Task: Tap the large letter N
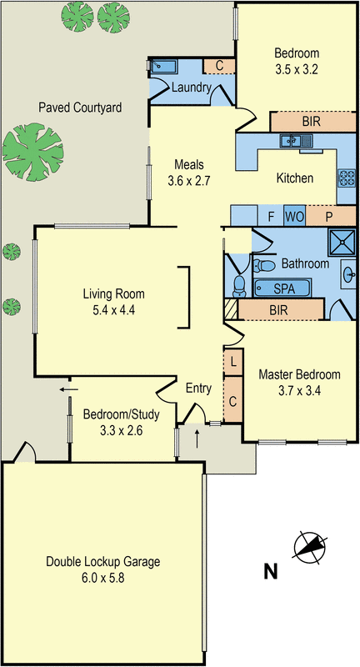pyautogui.click(x=270, y=572)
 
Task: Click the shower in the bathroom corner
pyautogui.click(x=339, y=243)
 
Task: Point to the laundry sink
pyautogui.click(x=159, y=66)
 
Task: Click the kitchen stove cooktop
pyautogui.click(x=346, y=177)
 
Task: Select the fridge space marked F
pyautogui.click(x=271, y=215)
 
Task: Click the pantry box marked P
pyautogui.click(x=328, y=215)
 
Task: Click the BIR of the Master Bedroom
pyautogui.click(x=280, y=309)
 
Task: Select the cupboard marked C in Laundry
pyautogui.click(x=218, y=66)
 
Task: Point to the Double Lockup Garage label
pyautogui.click(x=103, y=561)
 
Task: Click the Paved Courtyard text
pyautogui.click(x=80, y=108)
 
